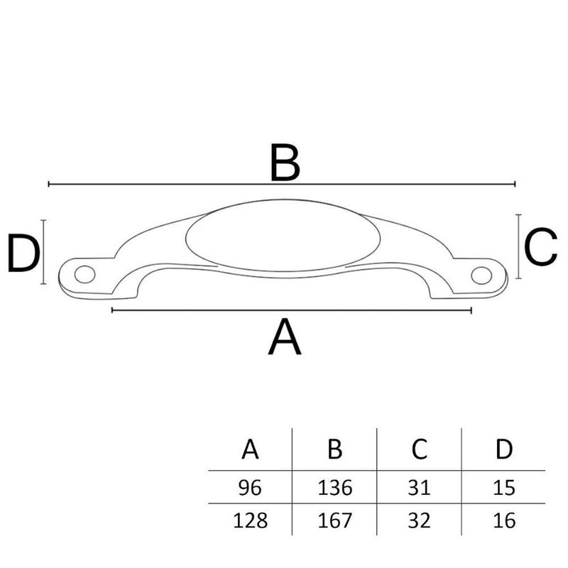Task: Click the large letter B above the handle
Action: pos(285,163)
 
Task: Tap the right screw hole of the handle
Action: pos(481,273)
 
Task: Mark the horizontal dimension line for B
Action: pos(177,185)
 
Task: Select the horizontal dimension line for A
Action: pos(213,310)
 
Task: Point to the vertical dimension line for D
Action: pos(44,252)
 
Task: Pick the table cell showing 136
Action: pos(335,488)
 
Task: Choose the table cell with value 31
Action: pos(419,488)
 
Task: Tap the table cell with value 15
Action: pos(503,488)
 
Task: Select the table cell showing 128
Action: pos(250,520)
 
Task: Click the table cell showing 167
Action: pos(335,520)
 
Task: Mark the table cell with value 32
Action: pos(419,520)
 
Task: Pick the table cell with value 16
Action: pos(503,520)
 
